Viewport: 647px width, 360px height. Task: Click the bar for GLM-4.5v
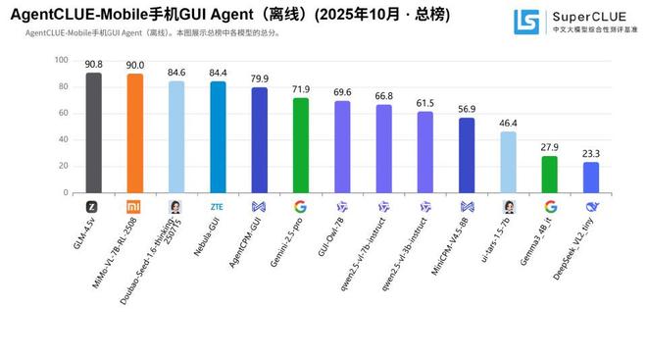(93, 132)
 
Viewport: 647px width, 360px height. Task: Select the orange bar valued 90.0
(134, 133)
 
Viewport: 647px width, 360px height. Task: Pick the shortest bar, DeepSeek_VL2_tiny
(591, 178)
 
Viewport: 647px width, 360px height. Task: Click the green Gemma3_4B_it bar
(550, 175)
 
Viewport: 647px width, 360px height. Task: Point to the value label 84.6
(175, 73)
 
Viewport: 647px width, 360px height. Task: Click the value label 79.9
(259, 78)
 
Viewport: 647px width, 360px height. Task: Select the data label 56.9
(467, 109)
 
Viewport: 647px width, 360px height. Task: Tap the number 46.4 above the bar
(508, 123)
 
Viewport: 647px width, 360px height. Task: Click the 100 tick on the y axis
(61, 60)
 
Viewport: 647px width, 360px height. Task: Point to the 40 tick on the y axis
(63, 140)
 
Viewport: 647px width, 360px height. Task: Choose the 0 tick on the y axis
(66, 193)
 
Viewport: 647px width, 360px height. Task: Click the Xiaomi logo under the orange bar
(134, 207)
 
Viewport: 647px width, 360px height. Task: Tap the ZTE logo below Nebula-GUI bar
(218, 207)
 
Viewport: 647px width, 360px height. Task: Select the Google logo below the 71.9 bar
(301, 207)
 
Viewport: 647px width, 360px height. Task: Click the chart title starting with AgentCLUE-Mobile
(216, 15)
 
